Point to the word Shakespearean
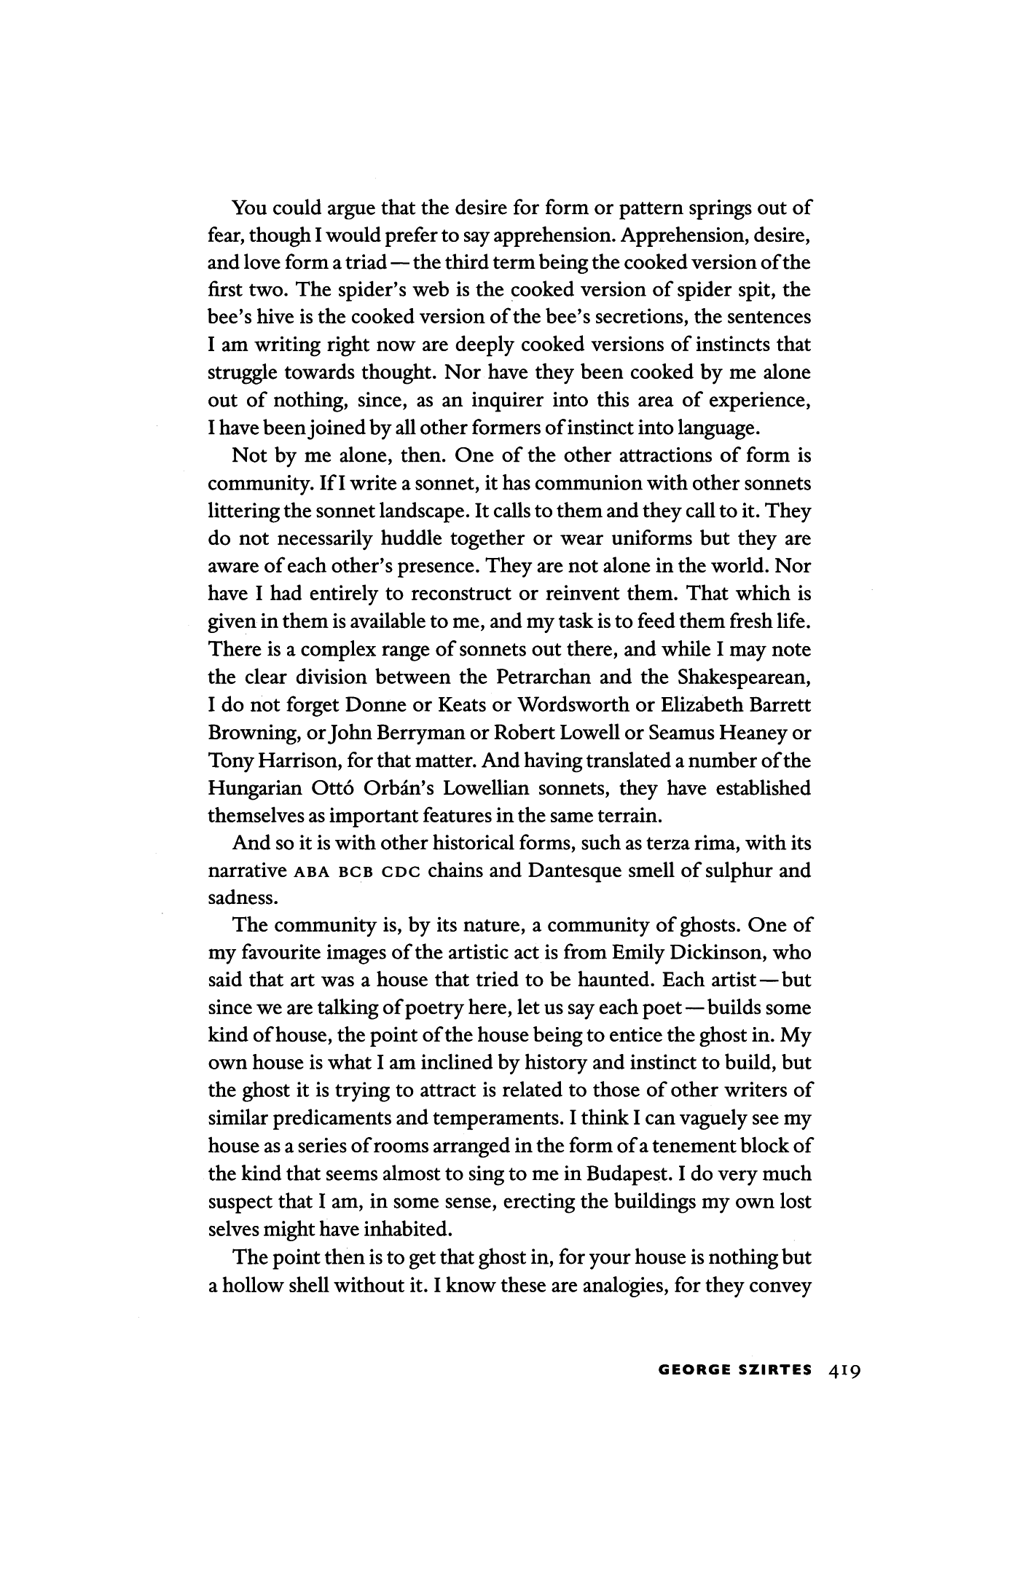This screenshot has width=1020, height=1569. [x=744, y=677]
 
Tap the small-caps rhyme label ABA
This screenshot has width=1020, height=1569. [x=310, y=872]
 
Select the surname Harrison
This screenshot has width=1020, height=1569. [x=294, y=761]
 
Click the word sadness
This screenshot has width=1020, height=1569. [x=240, y=898]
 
